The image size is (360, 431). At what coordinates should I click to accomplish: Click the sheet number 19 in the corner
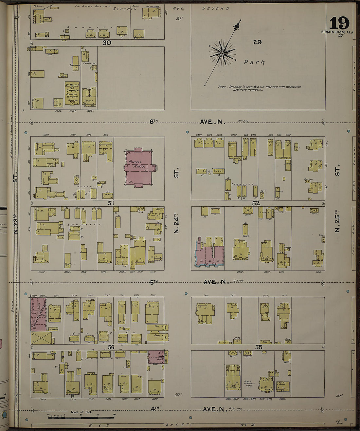click(339, 24)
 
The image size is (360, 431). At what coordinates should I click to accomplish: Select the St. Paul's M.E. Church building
click(72, 93)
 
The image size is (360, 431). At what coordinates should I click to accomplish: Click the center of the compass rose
click(223, 53)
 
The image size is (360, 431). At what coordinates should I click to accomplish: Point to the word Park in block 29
click(254, 62)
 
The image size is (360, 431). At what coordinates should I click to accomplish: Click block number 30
click(107, 43)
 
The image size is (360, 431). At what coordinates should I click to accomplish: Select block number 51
click(111, 203)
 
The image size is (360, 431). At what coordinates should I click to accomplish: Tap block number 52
click(256, 203)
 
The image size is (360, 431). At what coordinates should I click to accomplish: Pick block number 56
click(111, 347)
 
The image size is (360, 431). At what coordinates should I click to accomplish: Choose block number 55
click(259, 347)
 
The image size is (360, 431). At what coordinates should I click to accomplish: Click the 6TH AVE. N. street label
click(188, 122)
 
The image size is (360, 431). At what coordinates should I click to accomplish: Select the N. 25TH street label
click(337, 223)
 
